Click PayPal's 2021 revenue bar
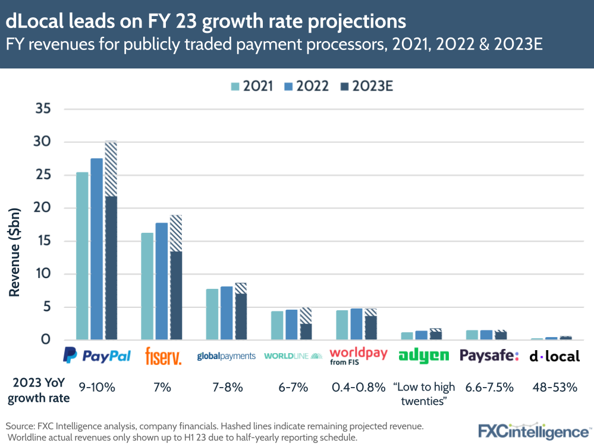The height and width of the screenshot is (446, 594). pos(82,256)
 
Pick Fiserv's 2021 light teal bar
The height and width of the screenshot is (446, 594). pos(147,286)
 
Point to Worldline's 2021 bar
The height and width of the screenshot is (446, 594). pos(277,325)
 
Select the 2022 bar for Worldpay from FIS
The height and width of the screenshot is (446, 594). pos(356,324)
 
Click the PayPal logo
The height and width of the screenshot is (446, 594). pos(96,356)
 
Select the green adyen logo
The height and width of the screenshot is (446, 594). pos(423,356)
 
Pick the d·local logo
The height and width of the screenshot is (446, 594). pos(554,357)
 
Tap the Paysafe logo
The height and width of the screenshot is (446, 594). pos(489,356)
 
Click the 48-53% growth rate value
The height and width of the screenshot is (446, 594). pos(554,387)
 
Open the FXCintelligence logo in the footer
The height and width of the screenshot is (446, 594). pos(533,431)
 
